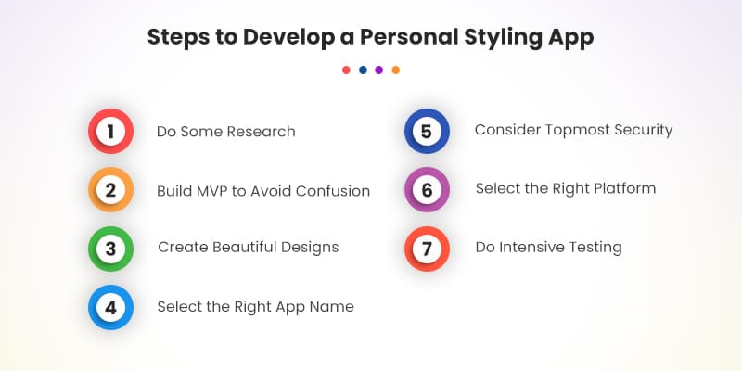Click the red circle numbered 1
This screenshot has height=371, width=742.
(x=110, y=132)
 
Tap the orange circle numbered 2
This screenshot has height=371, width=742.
(x=110, y=191)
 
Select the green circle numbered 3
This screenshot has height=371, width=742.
(x=110, y=249)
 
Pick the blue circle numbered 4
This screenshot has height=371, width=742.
(x=110, y=307)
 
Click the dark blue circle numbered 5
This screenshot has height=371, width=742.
(x=427, y=131)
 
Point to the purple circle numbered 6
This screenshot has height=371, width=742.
(x=427, y=190)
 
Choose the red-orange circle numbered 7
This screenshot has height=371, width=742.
(x=427, y=249)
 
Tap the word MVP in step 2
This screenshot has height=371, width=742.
(x=216, y=191)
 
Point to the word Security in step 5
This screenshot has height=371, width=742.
(x=642, y=130)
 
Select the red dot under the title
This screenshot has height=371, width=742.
(x=346, y=70)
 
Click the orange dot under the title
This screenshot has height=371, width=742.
(x=396, y=70)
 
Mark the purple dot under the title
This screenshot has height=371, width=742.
(x=379, y=70)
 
